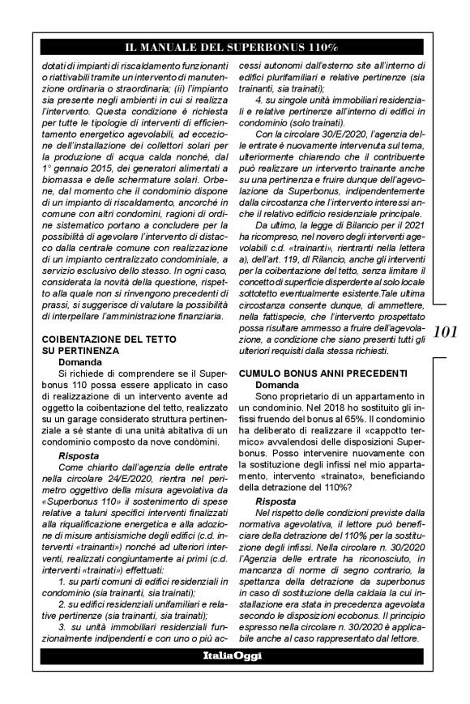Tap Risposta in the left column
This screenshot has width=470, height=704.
point(79,456)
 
